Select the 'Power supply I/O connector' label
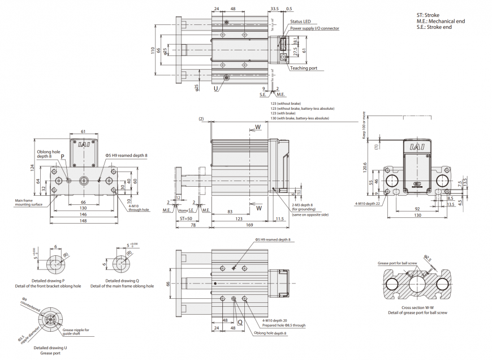point(315,28)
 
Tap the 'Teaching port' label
point(304,68)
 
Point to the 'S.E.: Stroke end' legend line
point(434,27)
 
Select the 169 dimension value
point(249,225)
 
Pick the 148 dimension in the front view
point(84,222)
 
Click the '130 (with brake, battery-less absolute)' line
point(299,118)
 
